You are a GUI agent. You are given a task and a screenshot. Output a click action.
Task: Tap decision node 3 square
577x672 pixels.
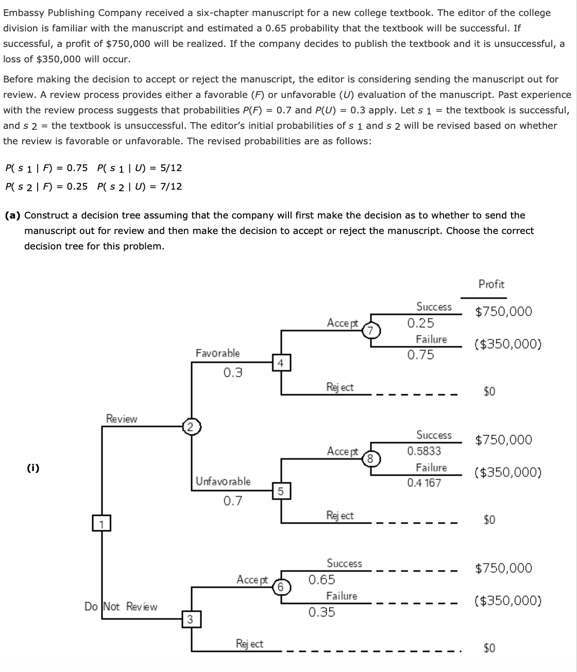(190, 619)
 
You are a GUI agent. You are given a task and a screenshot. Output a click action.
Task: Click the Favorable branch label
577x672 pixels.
(217, 353)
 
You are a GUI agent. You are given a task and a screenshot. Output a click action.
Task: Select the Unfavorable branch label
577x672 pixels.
(223, 481)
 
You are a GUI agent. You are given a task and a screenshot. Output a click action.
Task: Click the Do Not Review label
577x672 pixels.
(121, 607)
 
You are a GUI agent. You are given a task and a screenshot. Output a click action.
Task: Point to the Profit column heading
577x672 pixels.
(491, 284)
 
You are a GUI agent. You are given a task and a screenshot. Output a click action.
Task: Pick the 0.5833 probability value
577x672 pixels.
(424, 451)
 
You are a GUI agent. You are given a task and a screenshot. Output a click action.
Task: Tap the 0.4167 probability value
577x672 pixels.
(424, 483)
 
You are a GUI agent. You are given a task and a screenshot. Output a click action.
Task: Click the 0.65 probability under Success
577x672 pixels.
(321, 579)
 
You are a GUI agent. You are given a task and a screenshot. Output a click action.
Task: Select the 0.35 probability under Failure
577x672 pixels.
(321, 612)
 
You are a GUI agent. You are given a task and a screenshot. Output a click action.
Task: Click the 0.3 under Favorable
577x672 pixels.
(233, 372)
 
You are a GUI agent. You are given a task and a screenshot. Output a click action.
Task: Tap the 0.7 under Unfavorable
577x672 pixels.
(233, 500)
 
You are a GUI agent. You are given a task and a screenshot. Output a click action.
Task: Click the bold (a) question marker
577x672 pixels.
(12, 215)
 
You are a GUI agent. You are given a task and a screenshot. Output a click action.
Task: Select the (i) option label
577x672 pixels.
(33, 468)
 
